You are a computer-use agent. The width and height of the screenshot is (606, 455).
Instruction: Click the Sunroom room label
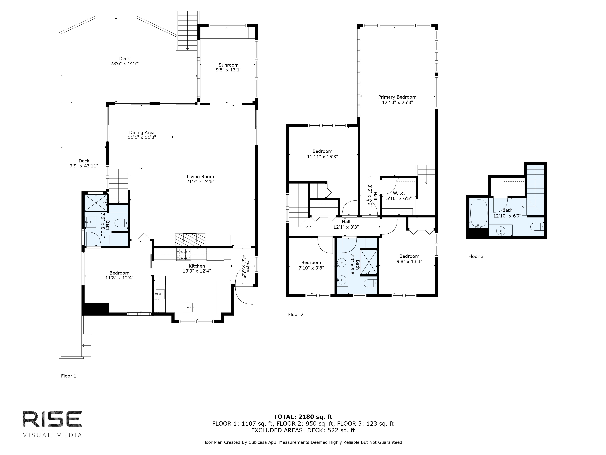(228, 65)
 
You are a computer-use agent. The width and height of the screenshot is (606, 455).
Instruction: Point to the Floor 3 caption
(476, 256)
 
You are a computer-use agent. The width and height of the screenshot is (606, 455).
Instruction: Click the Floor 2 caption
(296, 315)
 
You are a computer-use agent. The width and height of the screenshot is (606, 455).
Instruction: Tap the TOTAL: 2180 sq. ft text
(303, 417)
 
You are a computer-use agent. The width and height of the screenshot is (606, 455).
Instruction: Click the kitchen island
(199, 297)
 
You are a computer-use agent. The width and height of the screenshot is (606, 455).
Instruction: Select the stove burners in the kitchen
(184, 254)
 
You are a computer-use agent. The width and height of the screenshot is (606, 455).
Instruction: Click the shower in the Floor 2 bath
(369, 262)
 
